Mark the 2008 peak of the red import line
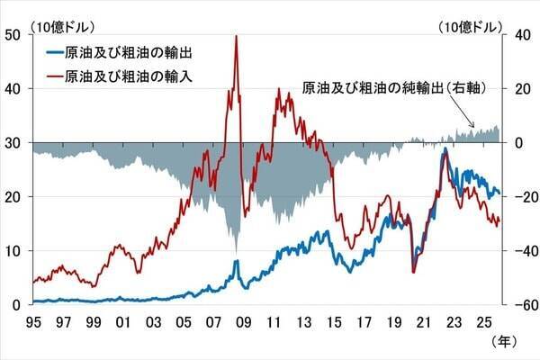[x=236, y=36]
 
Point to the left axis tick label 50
[x=13, y=34]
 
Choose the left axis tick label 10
[x=13, y=250]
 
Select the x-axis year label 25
[x=484, y=321]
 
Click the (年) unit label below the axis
[x=503, y=342]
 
